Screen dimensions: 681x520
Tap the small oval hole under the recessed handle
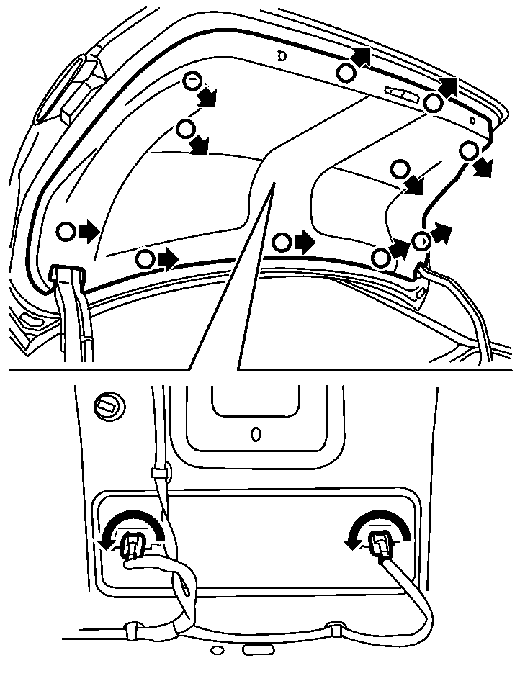(x=255, y=435)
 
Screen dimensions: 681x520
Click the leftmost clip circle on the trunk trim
(x=66, y=232)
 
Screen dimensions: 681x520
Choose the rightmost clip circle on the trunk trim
(x=469, y=151)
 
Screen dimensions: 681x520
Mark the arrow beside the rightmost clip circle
(x=484, y=167)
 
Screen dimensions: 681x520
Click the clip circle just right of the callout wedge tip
(x=282, y=243)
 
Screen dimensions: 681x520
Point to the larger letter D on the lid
(x=282, y=55)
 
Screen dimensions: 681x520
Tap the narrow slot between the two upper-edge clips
(x=398, y=94)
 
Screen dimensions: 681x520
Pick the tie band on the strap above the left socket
(x=161, y=473)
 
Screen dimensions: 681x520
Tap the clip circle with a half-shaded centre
(x=421, y=240)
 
